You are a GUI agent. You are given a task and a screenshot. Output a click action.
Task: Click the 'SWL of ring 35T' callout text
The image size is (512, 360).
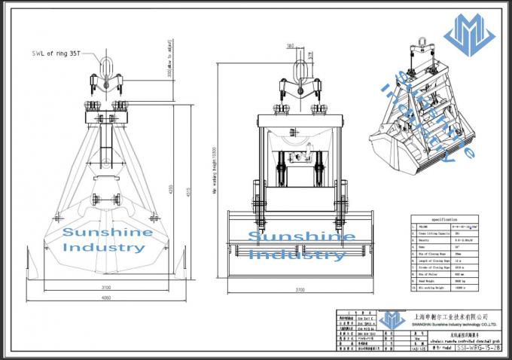56,54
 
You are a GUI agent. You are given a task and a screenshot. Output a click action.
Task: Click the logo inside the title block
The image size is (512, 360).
391,319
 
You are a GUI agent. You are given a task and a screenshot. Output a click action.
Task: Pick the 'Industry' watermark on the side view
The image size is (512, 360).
297,255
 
